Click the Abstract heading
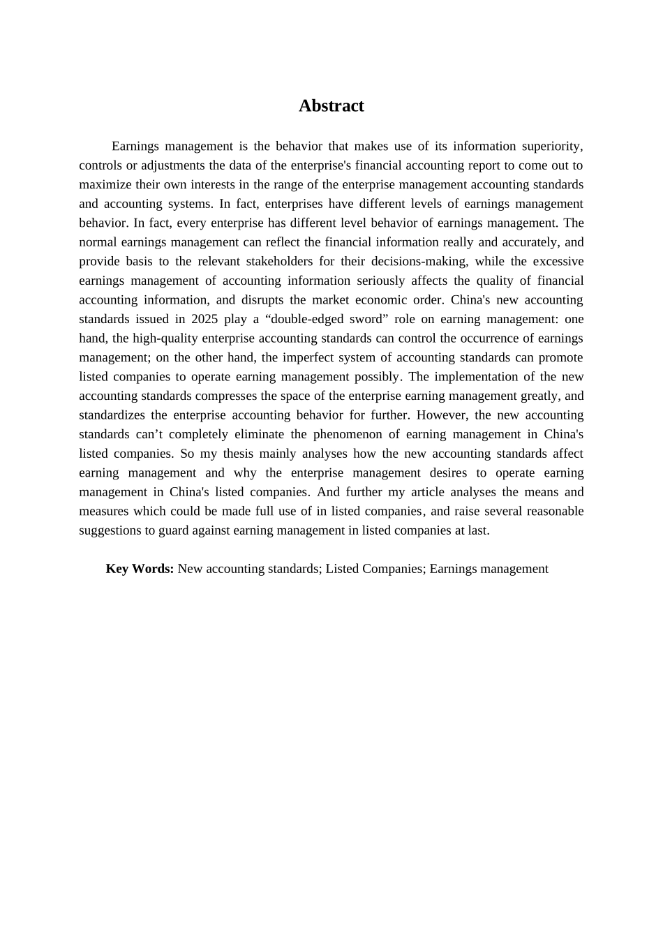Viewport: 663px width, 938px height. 331,106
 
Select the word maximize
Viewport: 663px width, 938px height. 104,185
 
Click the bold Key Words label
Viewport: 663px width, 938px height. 140,569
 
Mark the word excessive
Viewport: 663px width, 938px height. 558,262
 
